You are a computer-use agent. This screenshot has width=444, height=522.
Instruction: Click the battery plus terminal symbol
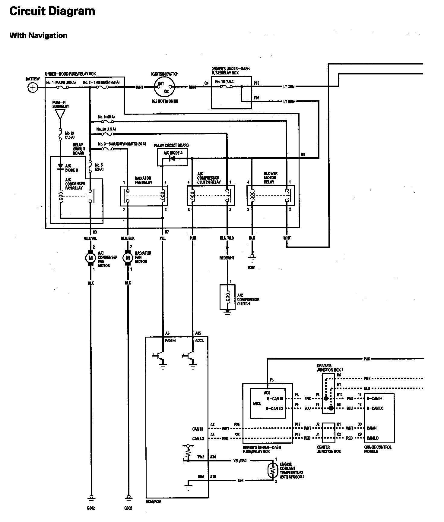click(33, 88)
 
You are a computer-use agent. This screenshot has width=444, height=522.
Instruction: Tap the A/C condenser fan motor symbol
click(90, 258)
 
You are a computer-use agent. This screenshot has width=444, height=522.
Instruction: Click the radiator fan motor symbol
click(128, 258)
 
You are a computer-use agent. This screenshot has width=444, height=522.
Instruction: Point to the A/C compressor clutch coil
click(228, 297)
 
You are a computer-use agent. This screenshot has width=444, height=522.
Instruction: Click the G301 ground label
click(251, 267)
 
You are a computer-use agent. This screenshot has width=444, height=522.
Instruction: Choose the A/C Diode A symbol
click(173, 158)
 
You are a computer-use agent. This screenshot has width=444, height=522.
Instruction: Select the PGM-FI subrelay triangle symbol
click(60, 114)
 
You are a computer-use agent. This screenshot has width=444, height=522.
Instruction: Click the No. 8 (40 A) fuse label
click(106, 117)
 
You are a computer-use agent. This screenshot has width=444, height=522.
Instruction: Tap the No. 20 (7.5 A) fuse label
click(106, 129)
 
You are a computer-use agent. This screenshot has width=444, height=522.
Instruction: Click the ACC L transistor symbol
click(189, 356)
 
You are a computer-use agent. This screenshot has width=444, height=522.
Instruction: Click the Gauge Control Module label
click(378, 449)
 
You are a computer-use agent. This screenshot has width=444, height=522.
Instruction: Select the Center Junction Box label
click(329, 449)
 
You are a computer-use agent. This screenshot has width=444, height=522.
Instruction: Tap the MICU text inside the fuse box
click(257, 404)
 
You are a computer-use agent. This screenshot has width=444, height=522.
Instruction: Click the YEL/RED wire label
click(240, 461)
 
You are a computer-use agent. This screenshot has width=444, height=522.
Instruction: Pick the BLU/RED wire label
click(227, 238)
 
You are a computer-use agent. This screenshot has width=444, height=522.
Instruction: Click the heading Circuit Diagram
click(52, 11)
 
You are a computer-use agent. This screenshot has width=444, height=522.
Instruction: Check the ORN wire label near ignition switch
click(192, 87)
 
